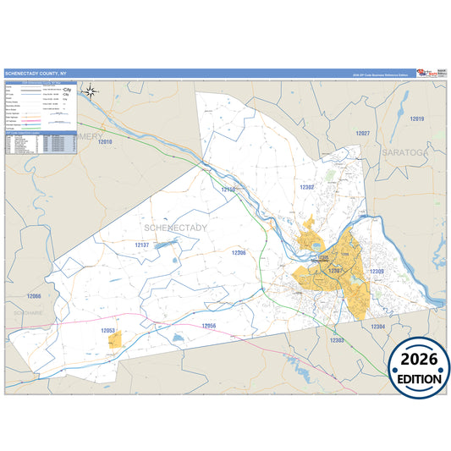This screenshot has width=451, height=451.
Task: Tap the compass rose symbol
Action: (92, 91)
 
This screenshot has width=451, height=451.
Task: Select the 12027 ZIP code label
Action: (363, 134)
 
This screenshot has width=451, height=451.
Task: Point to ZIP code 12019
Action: (416, 119)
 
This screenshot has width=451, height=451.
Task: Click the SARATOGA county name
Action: (400, 151)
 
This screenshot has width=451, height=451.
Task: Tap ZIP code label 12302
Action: (307, 186)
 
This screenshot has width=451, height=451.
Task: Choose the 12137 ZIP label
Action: (141, 245)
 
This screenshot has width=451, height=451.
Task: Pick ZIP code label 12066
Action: (33, 296)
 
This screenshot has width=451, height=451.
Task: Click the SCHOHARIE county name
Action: (30, 312)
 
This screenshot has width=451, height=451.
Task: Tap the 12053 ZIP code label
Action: (107, 329)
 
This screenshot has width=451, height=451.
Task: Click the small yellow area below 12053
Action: (114, 339)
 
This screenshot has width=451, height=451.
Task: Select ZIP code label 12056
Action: (209, 326)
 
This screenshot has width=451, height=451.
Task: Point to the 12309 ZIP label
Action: (377, 272)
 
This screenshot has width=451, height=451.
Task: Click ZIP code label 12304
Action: (377, 326)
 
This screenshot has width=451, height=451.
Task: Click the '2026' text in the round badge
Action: (419, 360)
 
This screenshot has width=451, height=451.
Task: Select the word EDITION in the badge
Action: (419, 379)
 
